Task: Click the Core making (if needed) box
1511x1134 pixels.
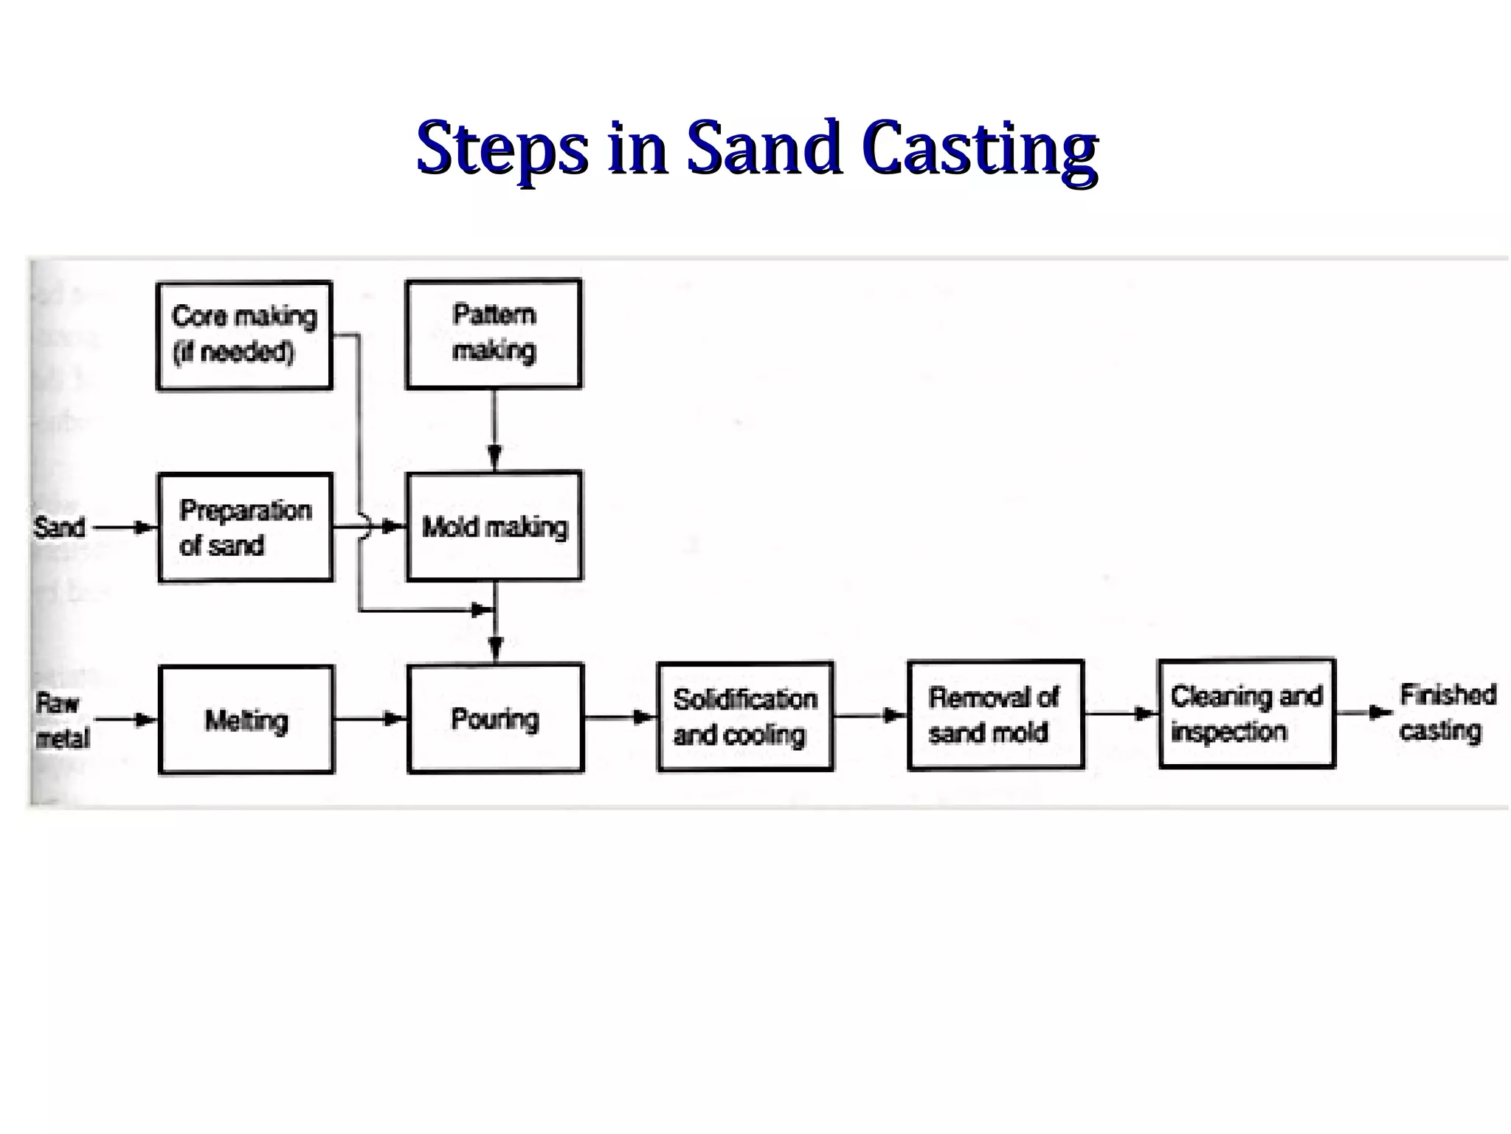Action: click(244, 335)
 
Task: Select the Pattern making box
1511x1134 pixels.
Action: click(494, 334)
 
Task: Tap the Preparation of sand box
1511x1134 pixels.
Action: click(246, 528)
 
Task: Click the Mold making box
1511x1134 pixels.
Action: click(494, 526)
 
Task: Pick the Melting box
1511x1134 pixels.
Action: click(246, 720)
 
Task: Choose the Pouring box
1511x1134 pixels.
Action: click(495, 718)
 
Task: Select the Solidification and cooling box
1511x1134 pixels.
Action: click(745, 717)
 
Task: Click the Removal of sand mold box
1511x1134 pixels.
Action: click(995, 715)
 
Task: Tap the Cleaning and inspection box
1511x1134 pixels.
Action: click(1247, 714)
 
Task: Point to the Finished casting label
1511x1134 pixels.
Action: click(1447, 712)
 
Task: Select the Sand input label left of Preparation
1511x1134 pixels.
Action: click(59, 528)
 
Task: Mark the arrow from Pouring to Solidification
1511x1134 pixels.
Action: click(620, 716)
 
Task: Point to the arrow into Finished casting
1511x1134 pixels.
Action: click(1365, 712)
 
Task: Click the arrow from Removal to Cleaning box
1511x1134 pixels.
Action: click(1121, 713)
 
